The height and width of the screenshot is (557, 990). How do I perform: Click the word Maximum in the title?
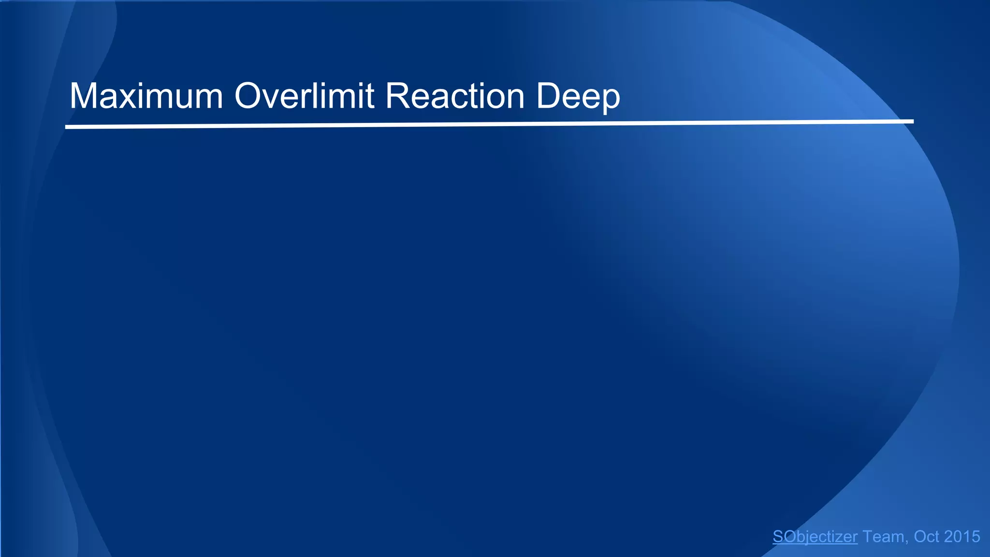pyautogui.click(x=146, y=96)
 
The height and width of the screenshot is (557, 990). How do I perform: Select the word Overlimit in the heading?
pyautogui.click(x=305, y=96)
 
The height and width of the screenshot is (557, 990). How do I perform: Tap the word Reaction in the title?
pyautogui.click(x=455, y=96)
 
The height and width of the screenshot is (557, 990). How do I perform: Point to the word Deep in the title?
pyautogui.click(x=578, y=97)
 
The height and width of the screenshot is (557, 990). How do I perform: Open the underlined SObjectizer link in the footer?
pyautogui.click(x=815, y=537)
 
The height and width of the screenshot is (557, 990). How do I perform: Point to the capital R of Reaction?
pyautogui.click(x=396, y=96)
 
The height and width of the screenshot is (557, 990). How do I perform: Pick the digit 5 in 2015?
pyautogui.click(x=975, y=537)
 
